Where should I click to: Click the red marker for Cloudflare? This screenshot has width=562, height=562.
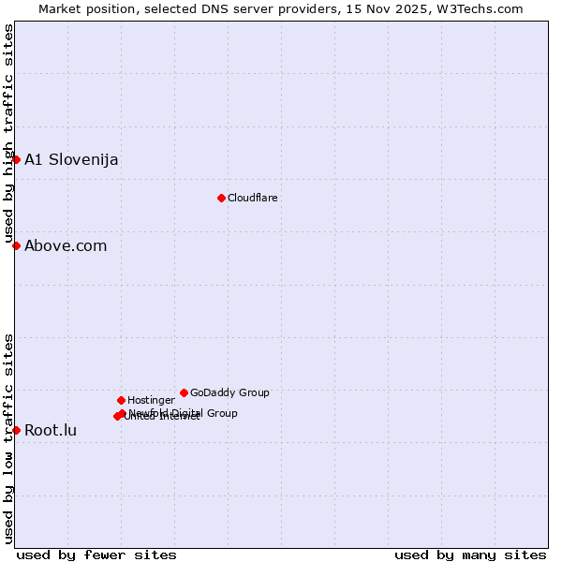coord(221,198)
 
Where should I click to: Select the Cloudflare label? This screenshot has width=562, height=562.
coord(252,198)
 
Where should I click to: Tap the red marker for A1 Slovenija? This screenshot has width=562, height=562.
coord(16,159)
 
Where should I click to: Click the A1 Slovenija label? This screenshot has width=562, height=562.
coord(71,159)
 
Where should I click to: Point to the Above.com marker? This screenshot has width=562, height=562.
coord(16,245)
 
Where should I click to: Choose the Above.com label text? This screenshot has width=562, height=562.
coord(66,245)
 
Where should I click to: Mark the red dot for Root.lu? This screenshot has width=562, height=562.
coord(16,430)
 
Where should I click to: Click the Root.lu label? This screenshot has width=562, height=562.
coord(51,431)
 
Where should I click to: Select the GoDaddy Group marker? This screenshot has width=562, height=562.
coord(184,392)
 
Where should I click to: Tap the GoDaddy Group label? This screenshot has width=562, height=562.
coord(229,392)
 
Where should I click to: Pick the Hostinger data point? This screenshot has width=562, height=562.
coord(121,400)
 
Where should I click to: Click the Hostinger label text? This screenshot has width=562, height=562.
coord(151,400)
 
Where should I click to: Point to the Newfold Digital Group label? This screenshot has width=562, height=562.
coord(184,412)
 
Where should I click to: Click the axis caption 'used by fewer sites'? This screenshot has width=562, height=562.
coord(96,555)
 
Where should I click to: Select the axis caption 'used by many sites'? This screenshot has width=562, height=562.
coord(470,555)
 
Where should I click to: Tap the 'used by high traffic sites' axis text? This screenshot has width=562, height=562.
coord(8,134)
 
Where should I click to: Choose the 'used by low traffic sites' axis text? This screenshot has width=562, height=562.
coord(8,437)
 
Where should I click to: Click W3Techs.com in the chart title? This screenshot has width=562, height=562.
coord(481,8)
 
